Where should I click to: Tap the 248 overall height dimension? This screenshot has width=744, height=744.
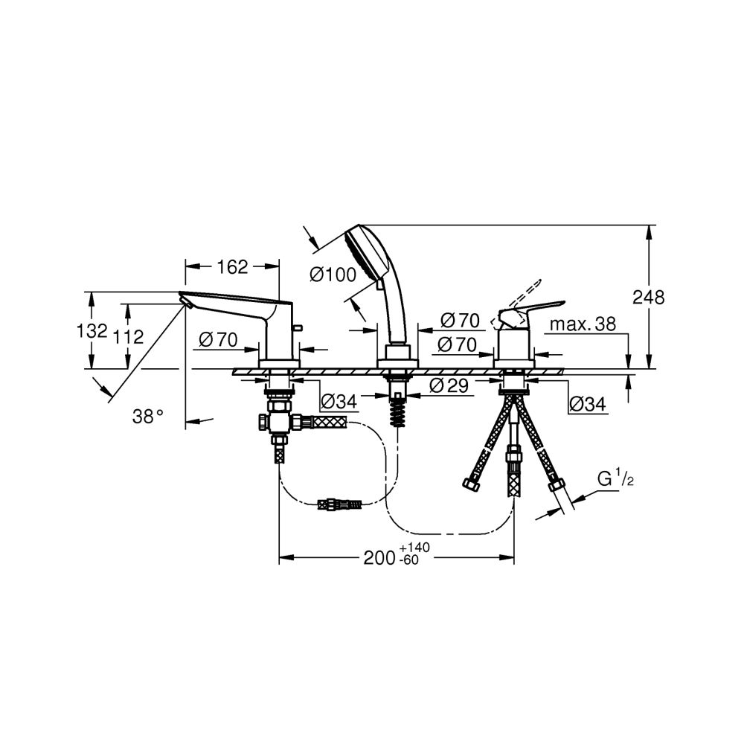(x=649, y=298)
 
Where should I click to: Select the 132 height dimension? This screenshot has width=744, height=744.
(x=92, y=330)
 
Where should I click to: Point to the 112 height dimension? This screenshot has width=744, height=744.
(x=128, y=336)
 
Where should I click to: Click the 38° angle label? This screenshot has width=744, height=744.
(x=148, y=417)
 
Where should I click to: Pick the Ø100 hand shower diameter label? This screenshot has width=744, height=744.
(x=333, y=275)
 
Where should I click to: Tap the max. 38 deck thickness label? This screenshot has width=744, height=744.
(x=583, y=324)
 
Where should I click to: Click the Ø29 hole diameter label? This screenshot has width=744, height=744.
(x=449, y=385)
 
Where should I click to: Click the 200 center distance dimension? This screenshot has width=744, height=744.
(x=379, y=557)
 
